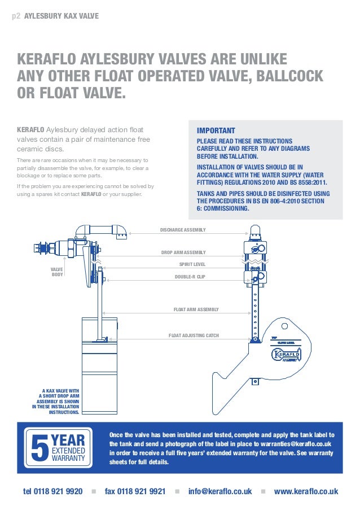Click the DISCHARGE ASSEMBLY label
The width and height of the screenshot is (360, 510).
point(183,230)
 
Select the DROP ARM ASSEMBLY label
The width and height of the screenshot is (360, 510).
point(183,252)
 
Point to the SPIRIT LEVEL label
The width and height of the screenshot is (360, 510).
point(192,264)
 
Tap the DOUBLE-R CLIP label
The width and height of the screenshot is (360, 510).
point(190,277)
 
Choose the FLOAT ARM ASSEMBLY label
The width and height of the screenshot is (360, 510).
point(196,310)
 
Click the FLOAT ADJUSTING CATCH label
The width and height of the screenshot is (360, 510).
point(194,336)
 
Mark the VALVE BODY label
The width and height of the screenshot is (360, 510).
point(57,272)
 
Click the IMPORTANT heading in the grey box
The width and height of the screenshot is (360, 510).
point(216,130)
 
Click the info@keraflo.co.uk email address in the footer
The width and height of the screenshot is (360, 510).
point(220,491)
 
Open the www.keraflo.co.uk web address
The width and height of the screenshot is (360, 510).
point(306,491)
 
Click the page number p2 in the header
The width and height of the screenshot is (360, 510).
point(16,16)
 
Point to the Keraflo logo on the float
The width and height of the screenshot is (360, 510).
point(286,355)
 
